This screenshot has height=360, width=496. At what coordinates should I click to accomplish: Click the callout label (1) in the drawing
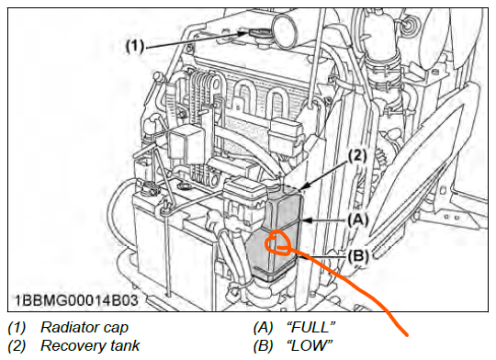coord(135,47)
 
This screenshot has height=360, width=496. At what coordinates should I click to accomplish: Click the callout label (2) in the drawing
coord(357,156)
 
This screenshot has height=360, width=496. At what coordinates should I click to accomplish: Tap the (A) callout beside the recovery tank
coord(358,219)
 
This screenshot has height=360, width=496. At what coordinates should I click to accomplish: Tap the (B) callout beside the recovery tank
coord(358,255)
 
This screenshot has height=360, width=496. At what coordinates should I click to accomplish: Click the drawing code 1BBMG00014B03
coord(76,300)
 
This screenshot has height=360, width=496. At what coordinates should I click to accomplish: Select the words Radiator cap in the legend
coord(85,328)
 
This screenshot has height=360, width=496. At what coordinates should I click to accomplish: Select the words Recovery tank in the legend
coord(90,345)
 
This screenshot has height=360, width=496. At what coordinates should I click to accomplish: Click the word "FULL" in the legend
coord(310,328)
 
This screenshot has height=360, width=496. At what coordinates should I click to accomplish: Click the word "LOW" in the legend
coord(310,345)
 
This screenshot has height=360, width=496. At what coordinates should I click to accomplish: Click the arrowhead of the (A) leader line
coord(305,220)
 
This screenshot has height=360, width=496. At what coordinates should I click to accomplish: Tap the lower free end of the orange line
coord(407,334)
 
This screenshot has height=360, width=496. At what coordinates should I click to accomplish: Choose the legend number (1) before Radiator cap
coord(17,328)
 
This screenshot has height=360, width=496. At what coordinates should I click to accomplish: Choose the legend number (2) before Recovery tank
coord(17,345)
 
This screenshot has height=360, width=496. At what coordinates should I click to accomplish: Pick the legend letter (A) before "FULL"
coord(264,328)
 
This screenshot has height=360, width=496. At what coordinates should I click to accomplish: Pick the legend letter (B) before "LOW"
coord(264,345)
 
